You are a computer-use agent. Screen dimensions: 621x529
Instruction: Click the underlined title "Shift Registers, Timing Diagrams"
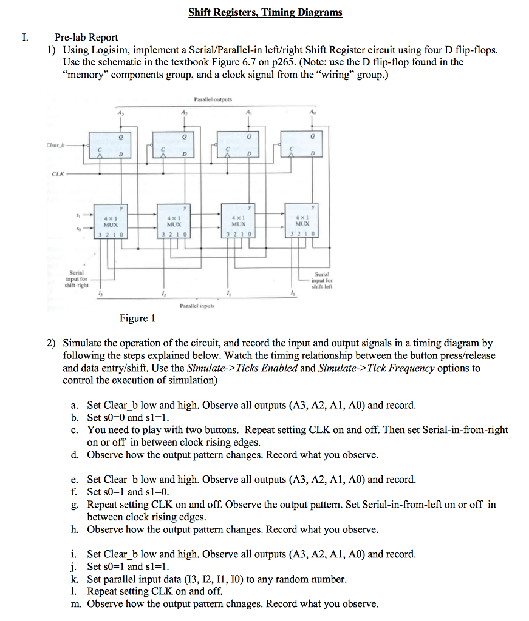pyautogui.click(x=265, y=12)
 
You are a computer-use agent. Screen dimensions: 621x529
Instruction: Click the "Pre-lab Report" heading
pyautogui.click(x=86, y=38)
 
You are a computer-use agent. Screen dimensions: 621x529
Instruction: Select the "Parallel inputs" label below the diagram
pyautogui.click(x=197, y=306)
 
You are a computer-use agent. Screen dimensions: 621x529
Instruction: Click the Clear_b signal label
pyautogui.click(x=53, y=146)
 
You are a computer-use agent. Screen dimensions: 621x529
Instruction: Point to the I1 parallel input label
pyautogui.click(x=228, y=293)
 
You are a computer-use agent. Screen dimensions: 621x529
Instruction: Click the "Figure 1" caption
pyautogui.click(x=137, y=318)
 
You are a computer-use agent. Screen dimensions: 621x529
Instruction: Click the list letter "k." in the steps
pyautogui.click(x=75, y=579)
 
